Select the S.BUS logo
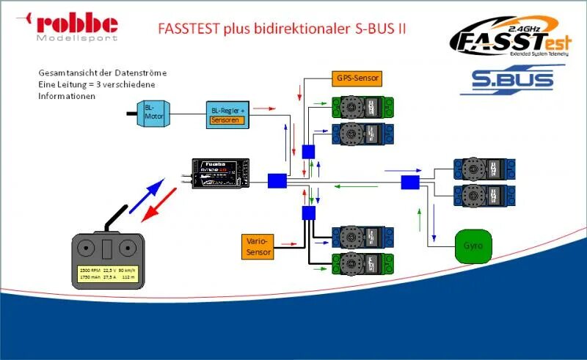click(x=512, y=79)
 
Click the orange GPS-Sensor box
click(x=356, y=78)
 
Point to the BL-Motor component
click(x=153, y=114)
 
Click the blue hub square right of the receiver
click(x=277, y=180)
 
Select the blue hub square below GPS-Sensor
click(x=308, y=152)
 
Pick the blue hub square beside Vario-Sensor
click(x=308, y=213)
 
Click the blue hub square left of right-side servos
click(x=409, y=181)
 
